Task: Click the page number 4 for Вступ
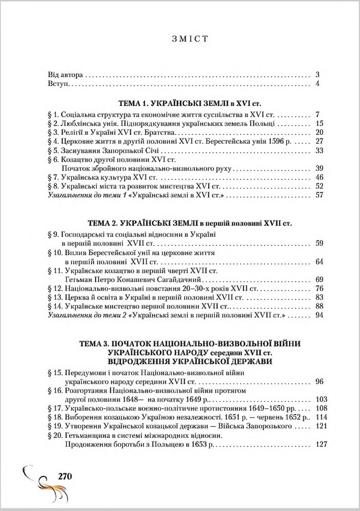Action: pos(318,83)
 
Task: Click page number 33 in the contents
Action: pos(316,150)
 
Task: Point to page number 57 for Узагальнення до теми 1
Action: pos(316,195)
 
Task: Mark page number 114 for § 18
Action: pos(318,416)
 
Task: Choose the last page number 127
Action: pos(318,445)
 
